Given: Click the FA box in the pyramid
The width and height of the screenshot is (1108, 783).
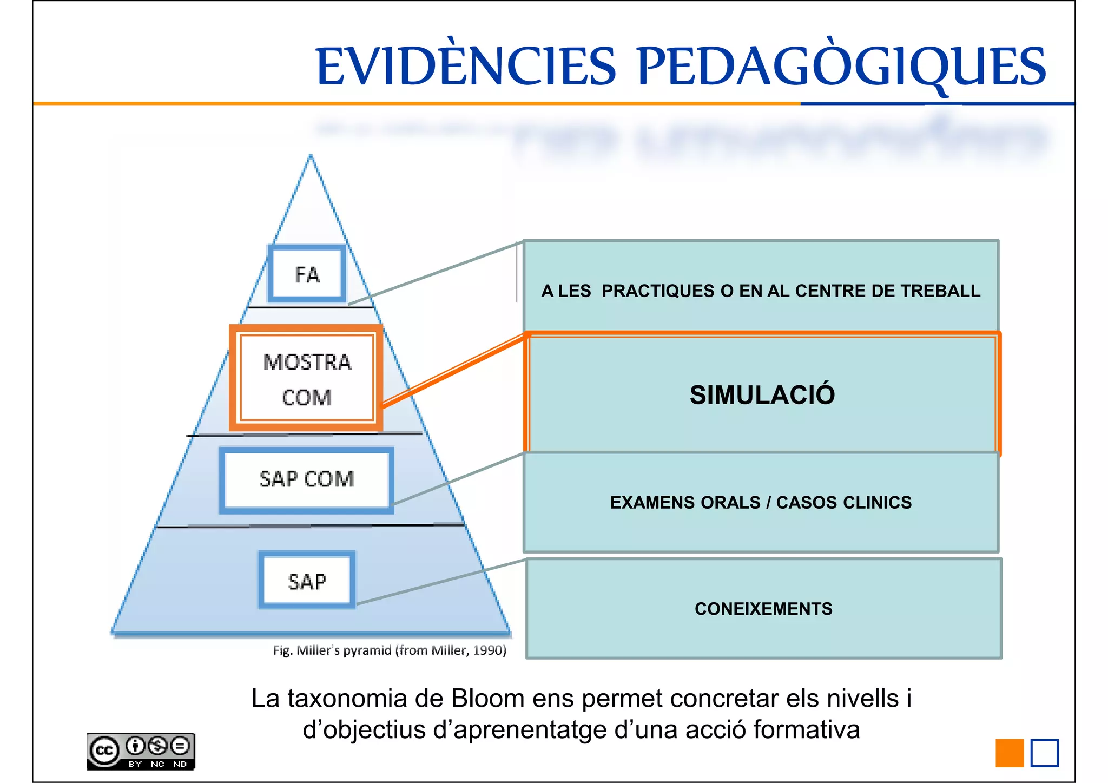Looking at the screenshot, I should (x=307, y=274).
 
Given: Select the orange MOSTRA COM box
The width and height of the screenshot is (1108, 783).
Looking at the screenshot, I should (x=306, y=378).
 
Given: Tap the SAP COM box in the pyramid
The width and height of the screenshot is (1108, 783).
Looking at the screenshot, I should (x=306, y=479).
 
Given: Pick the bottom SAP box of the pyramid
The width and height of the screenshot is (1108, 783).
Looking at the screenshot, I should (x=307, y=581).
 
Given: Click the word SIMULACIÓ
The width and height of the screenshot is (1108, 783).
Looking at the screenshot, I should (x=762, y=394).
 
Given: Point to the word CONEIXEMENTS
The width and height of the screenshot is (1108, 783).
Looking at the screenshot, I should (x=763, y=609).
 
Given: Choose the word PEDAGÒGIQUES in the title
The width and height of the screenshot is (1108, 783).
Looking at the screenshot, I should (x=841, y=67).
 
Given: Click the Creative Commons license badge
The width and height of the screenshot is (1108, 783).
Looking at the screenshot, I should (x=140, y=751).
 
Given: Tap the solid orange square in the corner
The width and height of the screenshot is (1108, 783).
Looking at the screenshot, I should (x=1010, y=753).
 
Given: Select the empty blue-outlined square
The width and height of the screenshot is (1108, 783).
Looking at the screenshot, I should (x=1044, y=753).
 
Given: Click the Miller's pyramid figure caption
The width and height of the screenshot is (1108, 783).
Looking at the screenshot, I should (x=390, y=650).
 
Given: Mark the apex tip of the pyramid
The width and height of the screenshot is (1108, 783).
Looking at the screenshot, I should (x=311, y=157).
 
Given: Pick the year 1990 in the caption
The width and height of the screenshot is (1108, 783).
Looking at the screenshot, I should (x=488, y=650).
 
